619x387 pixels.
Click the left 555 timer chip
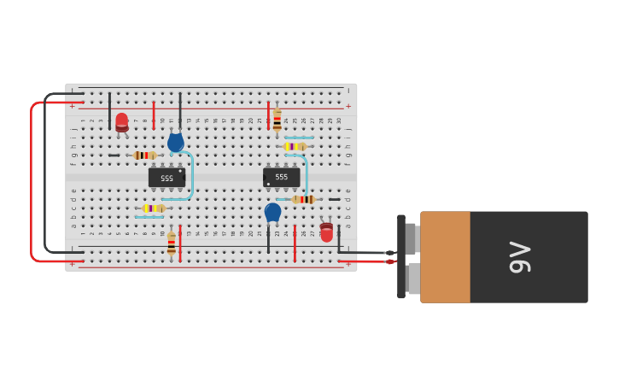[166, 178]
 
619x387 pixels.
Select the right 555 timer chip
[281, 177]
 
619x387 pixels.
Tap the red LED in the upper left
[122, 122]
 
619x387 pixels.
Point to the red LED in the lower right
[326, 232]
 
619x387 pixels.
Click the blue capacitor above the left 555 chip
[175, 142]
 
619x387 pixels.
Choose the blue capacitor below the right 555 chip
[272, 211]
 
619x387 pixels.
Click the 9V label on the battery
[519, 257]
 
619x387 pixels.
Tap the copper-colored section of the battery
[445, 257]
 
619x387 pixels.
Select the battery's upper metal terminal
[411, 238]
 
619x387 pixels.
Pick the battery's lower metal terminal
[413, 279]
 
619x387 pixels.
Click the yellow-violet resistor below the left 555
[153, 208]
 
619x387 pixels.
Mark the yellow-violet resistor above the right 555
[294, 146]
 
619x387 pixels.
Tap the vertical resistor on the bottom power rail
[172, 243]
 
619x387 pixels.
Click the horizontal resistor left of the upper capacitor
[144, 155]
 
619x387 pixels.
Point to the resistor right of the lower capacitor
[303, 199]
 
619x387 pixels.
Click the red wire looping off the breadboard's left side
[32, 179]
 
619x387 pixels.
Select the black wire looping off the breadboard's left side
[45, 171]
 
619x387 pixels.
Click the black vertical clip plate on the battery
[400, 256]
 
